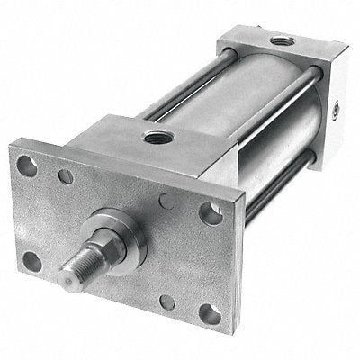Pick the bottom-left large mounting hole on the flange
tap(33, 262)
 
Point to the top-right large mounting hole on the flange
tap(210, 214)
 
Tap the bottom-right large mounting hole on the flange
tap(208, 314)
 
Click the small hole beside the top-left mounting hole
tap(66, 177)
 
